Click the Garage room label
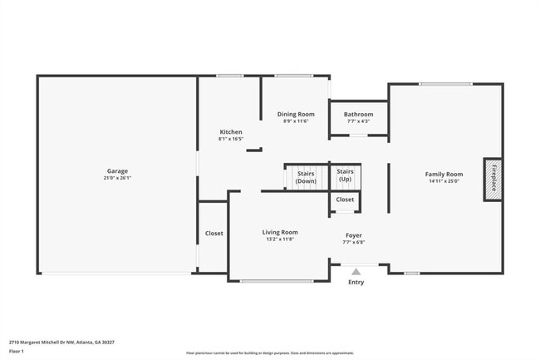point(116,170)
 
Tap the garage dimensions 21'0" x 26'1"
point(116,178)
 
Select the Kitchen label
point(230,132)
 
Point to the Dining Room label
point(295,114)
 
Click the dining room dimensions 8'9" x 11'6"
point(295,121)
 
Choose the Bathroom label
point(360,114)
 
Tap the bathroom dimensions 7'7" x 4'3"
point(358,121)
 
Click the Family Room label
point(444,174)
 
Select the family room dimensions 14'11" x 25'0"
point(444,181)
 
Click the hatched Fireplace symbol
point(493,179)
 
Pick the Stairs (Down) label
point(306,177)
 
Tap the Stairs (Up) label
point(345,175)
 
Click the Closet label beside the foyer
point(345,200)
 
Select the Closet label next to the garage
point(214,234)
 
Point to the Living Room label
point(280,232)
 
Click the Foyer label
point(354,235)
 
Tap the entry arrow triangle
point(356,271)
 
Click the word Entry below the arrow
point(356,282)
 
